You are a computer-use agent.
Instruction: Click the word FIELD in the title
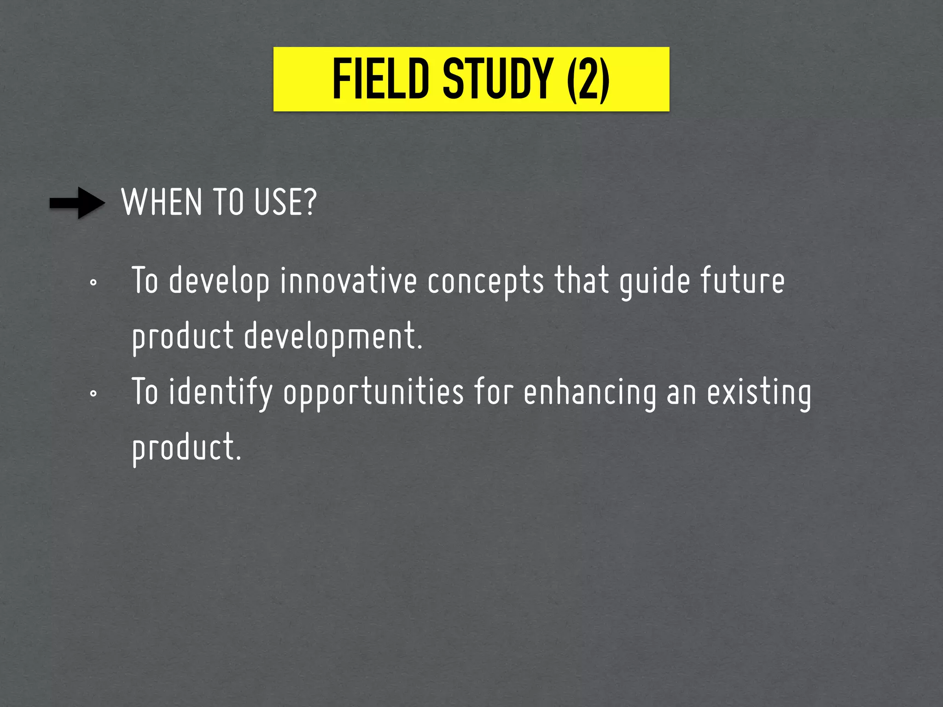point(380,79)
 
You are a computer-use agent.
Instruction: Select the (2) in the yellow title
point(588,79)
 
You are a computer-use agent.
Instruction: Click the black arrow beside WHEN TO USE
point(77,203)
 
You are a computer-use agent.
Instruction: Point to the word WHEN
point(162,203)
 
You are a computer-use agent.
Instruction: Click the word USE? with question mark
point(285,203)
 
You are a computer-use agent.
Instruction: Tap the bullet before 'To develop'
point(93,283)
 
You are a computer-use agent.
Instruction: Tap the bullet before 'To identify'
point(93,394)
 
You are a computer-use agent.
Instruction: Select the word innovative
point(349,281)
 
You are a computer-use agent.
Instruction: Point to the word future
point(742,281)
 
